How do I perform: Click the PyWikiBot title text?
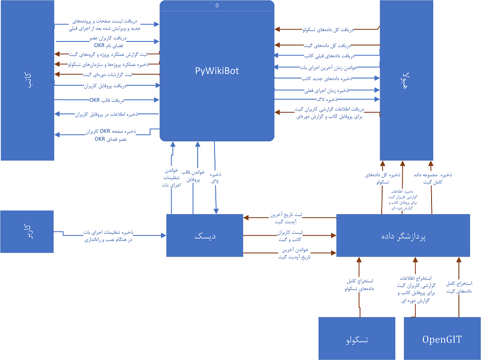point(217,71)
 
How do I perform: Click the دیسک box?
point(205,236)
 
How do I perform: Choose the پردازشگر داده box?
point(403,236)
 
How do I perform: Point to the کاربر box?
point(27,231)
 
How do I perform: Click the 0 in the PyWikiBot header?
point(217,6)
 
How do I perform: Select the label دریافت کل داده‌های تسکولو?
point(328,29)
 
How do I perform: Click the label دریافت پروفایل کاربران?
point(105,86)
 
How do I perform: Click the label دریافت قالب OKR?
point(107,100)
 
